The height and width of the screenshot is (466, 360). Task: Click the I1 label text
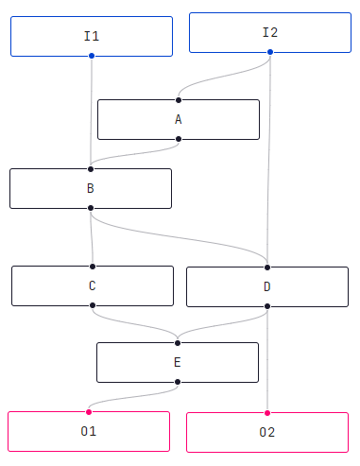coord(92,36)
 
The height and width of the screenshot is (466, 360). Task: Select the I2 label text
coord(270,32)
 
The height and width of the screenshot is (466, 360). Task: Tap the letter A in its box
coord(179,120)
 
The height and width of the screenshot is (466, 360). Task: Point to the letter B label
coord(91,188)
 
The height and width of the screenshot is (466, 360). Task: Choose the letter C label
coord(93,285)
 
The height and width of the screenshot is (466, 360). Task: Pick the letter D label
coord(267,286)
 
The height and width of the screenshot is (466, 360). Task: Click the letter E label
coord(178,362)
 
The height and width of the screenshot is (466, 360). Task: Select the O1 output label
coord(89,431)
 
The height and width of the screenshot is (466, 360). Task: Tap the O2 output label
coord(267,432)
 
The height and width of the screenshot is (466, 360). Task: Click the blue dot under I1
coord(92,56)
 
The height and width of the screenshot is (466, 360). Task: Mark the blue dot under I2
coord(270,52)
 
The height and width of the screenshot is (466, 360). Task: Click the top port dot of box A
coord(179,100)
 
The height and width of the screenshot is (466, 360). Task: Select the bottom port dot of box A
coord(179,139)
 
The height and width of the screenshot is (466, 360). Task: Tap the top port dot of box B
coord(91,169)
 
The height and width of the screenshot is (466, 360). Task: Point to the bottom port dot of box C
coord(93,305)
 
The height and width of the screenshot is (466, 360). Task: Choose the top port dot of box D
coord(267,268)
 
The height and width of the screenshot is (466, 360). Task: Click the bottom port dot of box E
coord(178,382)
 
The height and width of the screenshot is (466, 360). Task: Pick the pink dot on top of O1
coord(89,412)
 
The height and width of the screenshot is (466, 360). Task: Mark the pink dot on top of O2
coord(267,413)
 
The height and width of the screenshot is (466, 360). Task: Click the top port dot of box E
coord(178,343)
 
